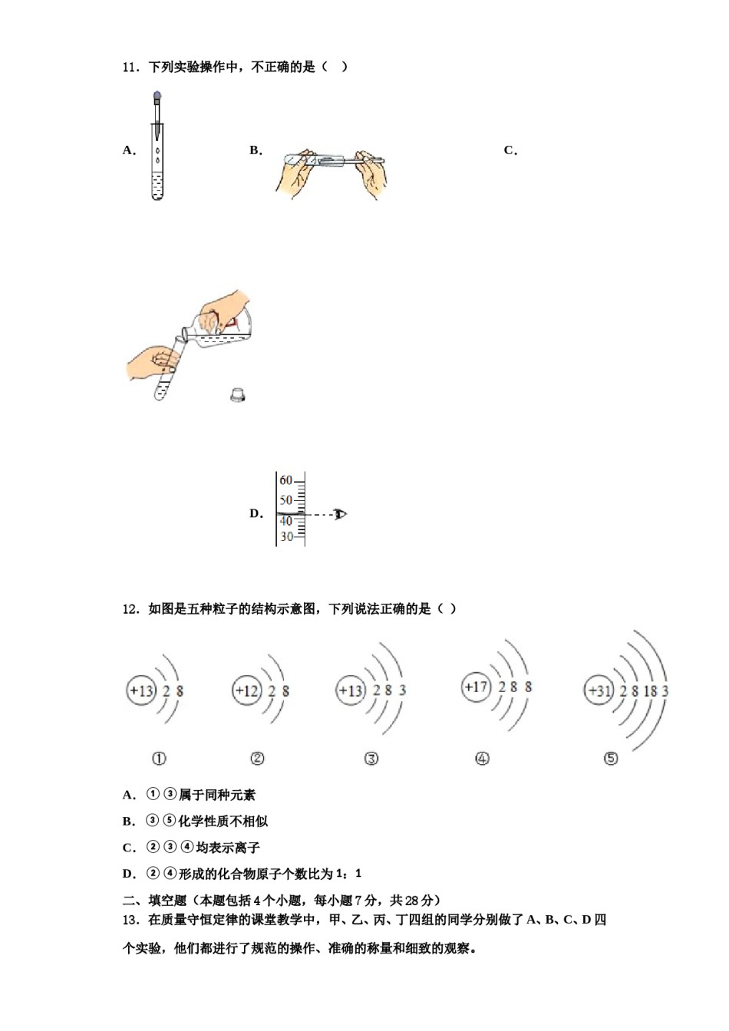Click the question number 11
click(130, 68)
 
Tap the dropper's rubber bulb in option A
click(157, 97)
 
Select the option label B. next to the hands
click(256, 150)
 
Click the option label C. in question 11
click(510, 150)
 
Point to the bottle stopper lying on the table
click(238, 395)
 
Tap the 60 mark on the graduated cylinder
click(285, 481)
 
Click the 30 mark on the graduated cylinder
click(285, 537)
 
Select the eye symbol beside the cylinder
click(340, 514)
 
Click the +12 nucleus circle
click(247, 690)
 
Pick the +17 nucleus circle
click(476, 687)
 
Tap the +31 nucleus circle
click(599, 690)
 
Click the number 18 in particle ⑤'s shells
click(650, 691)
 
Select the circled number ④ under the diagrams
click(482, 759)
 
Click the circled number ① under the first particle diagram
click(159, 759)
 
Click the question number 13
click(130, 920)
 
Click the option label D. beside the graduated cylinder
click(256, 514)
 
